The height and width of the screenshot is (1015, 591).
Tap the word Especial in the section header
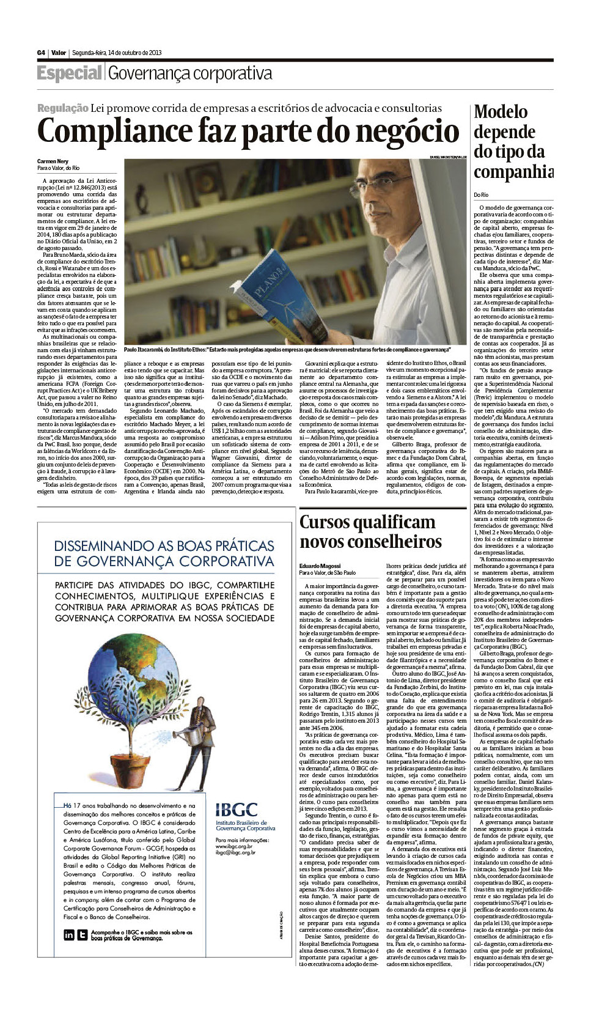[69, 73]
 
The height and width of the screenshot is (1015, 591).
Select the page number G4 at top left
[41, 53]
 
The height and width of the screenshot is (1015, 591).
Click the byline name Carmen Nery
[53, 161]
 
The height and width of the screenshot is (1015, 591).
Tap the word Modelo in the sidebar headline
[501, 112]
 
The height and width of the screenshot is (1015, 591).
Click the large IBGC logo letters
[237, 810]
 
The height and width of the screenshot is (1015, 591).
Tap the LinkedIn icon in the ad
[69, 934]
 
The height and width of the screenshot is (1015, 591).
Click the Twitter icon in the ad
[82, 934]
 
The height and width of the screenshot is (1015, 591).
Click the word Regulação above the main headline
[62, 108]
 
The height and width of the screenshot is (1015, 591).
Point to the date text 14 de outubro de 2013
[134, 53]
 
